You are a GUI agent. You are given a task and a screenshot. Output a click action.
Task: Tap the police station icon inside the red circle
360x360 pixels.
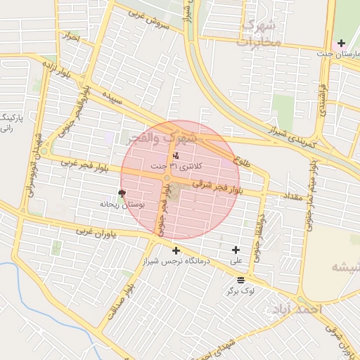tap(175, 155)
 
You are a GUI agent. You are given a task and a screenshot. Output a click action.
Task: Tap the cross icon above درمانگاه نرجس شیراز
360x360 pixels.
tap(175, 250)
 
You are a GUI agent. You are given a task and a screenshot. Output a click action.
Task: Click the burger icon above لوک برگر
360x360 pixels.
tap(241, 280)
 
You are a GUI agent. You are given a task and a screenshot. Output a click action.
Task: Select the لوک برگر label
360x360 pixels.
tap(241, 290)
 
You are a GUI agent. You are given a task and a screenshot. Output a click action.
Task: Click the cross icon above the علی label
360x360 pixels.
tap(235, 250)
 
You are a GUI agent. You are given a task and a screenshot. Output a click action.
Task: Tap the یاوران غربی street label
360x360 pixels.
tap(99, 233)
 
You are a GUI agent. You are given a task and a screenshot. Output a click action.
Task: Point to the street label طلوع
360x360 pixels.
tap(245, 162)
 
